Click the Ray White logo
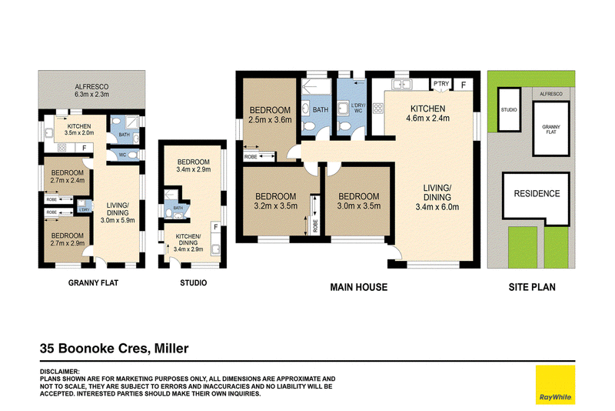(x=555, y=385)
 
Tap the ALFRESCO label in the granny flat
(x=91, y=87)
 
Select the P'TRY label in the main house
(x=441, y=84)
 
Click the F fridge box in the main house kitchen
(x=464, y=85)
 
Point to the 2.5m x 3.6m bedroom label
(x=271, y=115)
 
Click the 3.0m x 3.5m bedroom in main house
(x=358, y=201)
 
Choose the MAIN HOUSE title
(x=358, y=287)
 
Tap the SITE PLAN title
(x=532, y=287)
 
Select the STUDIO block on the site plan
(x=509, y=109)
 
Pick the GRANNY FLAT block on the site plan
(x=551, y=129)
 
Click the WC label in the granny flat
(x=123, y=155)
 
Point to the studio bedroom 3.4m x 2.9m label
(x=194, y=165)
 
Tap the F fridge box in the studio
(x=215, y=227)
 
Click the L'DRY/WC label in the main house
(x=358, y=108)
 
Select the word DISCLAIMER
(x=60, y=371)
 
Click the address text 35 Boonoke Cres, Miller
(x=114, y=349)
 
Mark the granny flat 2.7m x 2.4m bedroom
(x=67, y=176)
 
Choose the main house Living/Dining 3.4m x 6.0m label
(x=437, y=198)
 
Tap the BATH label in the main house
(x=321, y=110)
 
